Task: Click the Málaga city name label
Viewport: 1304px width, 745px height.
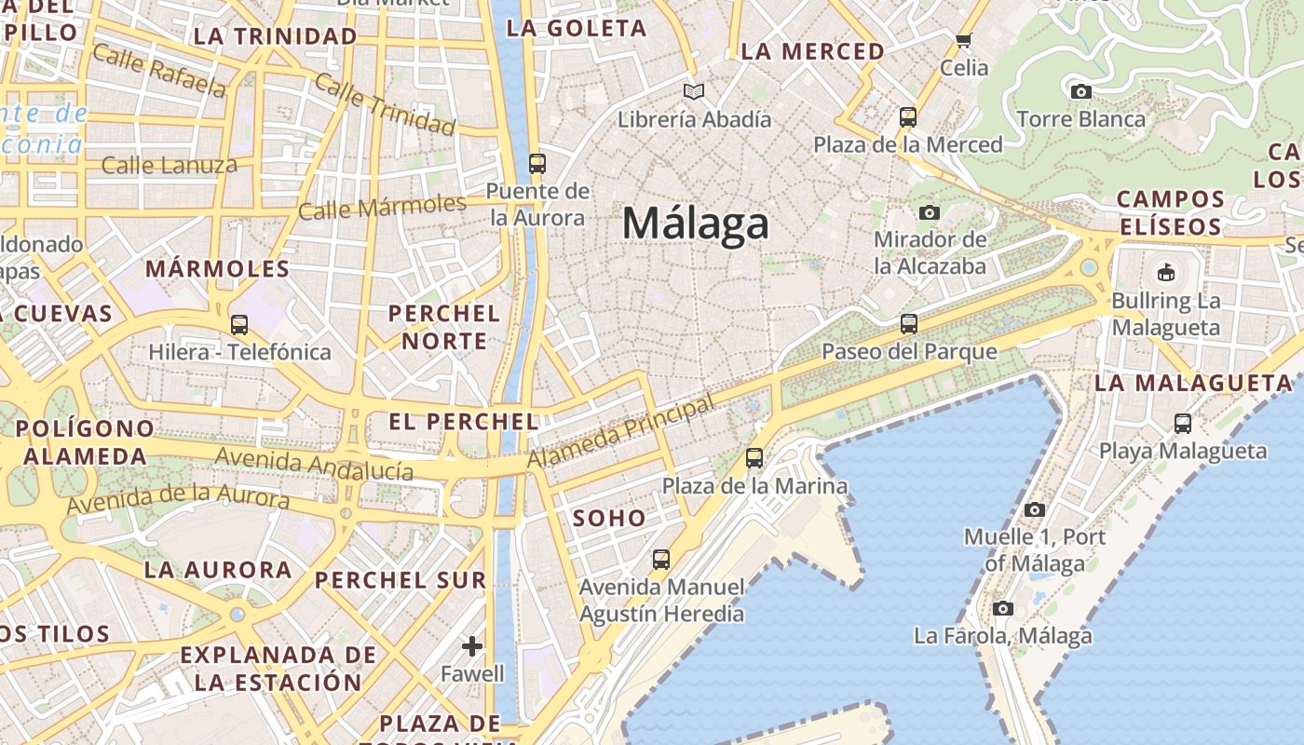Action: coord(696,223)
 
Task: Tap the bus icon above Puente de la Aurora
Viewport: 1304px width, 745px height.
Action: coord(537,164)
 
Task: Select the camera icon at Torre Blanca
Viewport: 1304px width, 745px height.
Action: coord(1080,91)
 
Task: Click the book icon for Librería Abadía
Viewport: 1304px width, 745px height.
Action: coord(693,91)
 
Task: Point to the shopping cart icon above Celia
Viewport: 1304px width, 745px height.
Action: coord(963,40)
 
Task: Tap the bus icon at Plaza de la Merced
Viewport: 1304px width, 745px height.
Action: coord(908,117)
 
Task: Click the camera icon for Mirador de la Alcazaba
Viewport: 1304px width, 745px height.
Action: coord(929,212)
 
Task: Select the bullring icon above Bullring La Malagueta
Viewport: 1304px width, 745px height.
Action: coord(1165,272)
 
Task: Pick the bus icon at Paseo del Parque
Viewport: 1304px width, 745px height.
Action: coord(909,324)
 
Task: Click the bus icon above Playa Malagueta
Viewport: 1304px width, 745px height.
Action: coord(1183,424)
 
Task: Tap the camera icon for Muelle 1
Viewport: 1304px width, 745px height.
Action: coord(1034,509)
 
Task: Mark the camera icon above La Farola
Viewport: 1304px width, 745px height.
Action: coord(1002,608)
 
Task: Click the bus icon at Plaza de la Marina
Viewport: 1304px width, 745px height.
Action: coord(754,458)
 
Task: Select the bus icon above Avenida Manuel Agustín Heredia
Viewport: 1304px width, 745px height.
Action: coord(661,560)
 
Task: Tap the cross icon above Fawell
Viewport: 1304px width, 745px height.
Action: coord(472,645)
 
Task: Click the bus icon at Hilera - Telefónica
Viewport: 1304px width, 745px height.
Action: coord(239,325)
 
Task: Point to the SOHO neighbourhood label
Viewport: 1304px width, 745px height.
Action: coord(609,519)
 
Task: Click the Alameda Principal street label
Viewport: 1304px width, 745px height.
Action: coord(621,431)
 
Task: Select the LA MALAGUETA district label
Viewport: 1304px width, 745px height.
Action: coord(1193,383)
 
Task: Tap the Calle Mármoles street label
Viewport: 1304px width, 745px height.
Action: coord(382,207)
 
